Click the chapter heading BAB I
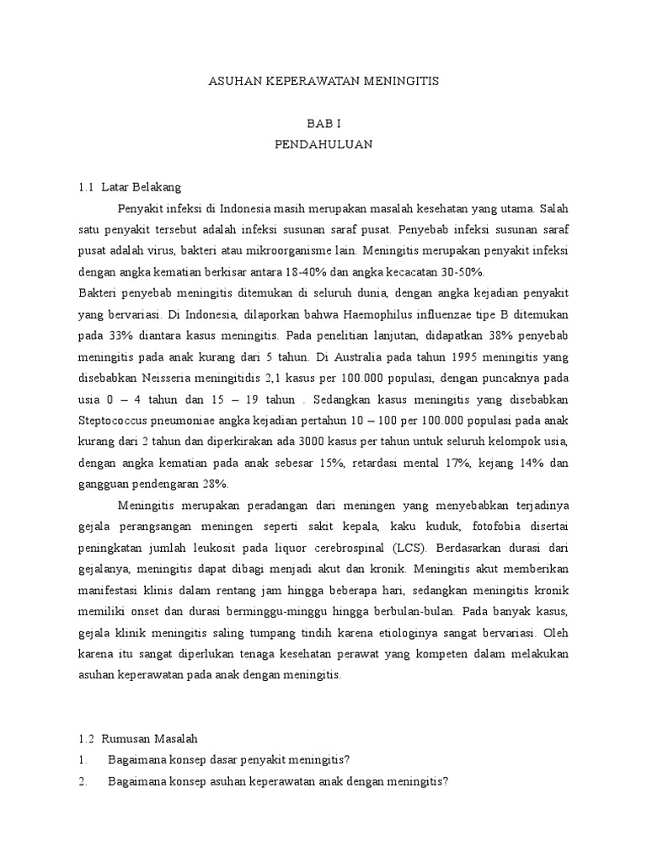pos(323,123)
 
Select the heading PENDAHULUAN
pos(323,144)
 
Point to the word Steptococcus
pos(115,419)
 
